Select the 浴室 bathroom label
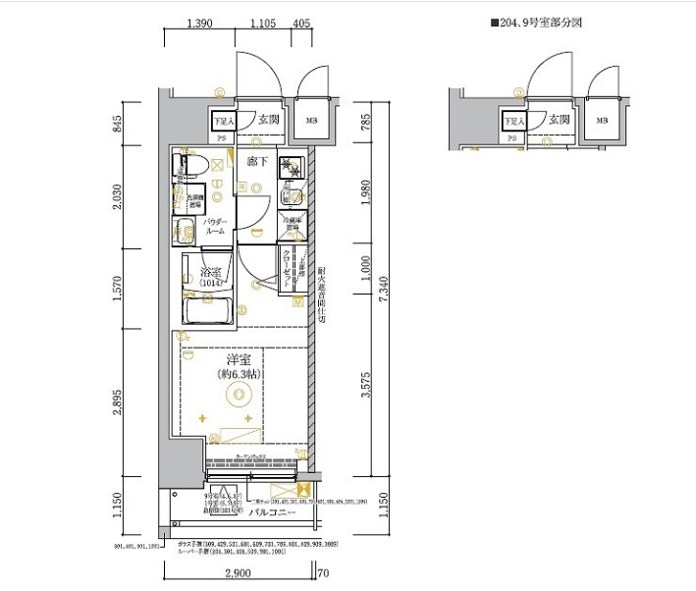pyautogui.click(x=211, y=272)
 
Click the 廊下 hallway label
pyautogui.click(x=257, y=160)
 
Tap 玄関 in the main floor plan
pyautogui.click(x=269, y=119)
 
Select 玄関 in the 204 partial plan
pyautogui.click(x=560, y=119)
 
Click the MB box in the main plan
pyautogui.click(x=310, y=122)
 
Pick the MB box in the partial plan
pyautogui.click(x=601, y=122)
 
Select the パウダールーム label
pyautogui.click(x=216, y=227)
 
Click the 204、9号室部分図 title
pyautogui.click(x=536, y=21)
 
